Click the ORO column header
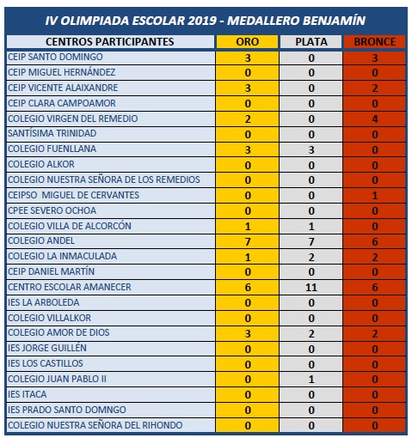tap(248, 41)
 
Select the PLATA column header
tap(311, 41)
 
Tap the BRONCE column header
tap(374, 41)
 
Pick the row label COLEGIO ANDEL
tap(40, 241)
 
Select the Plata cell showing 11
tap(311, 287)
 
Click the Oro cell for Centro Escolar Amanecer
tap(248, 287)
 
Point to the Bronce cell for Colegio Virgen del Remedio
tap(374, 119)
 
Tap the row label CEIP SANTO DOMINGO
tap(55, 57)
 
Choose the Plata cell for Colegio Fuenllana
tap(311, 149)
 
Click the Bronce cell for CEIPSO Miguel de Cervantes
tap(374, 196)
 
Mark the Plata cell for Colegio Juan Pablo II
tap(311, 379)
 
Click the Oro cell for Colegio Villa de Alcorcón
tap(248, 226)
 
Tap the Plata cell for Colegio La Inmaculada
tap(311, 257)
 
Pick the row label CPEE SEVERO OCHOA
tap(51, 210)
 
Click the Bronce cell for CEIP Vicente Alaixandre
tap(374, 88)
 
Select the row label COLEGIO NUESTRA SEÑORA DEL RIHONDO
tap(101, 425)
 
